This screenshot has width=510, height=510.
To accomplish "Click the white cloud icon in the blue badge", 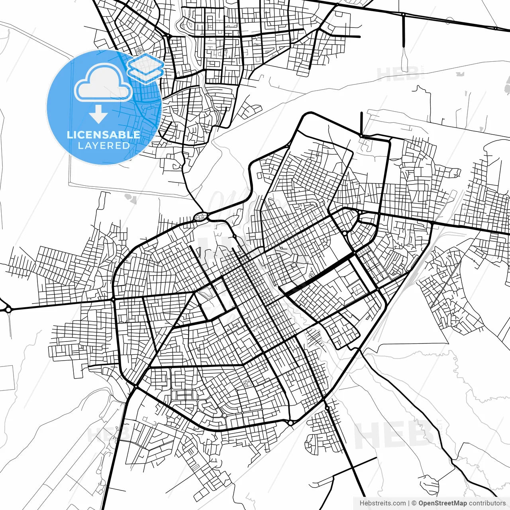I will (104, 83).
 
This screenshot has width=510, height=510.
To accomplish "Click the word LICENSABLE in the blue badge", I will (104, 135).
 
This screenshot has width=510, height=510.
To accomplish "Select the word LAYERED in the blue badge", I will (104, 146).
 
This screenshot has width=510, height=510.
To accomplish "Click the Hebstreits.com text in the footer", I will (382, 503).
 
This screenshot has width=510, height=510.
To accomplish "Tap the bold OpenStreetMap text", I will (442, 503).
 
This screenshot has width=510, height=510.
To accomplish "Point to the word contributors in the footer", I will (487, 503).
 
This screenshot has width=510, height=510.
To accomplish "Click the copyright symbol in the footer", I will (414, 503).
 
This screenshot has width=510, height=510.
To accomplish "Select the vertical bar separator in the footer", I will (409, 503).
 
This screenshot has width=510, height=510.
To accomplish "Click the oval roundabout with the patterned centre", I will (200, 217).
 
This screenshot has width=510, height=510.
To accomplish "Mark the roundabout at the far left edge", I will (8, 309).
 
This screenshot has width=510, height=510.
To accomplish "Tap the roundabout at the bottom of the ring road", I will (291, 423).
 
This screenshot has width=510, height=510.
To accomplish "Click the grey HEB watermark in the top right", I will (398, 74).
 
